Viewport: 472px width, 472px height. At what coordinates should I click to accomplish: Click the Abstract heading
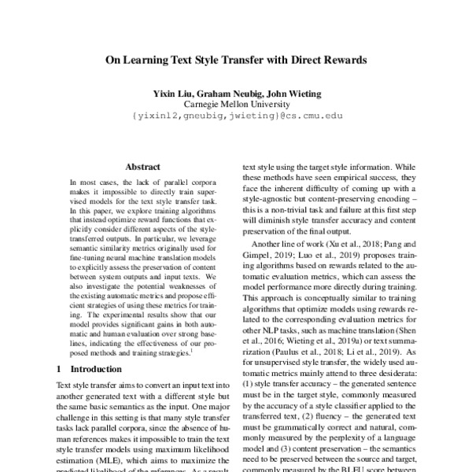click(x=142, y=167)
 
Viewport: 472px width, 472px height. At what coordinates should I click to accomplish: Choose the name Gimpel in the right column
click(x=259, y=257)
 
